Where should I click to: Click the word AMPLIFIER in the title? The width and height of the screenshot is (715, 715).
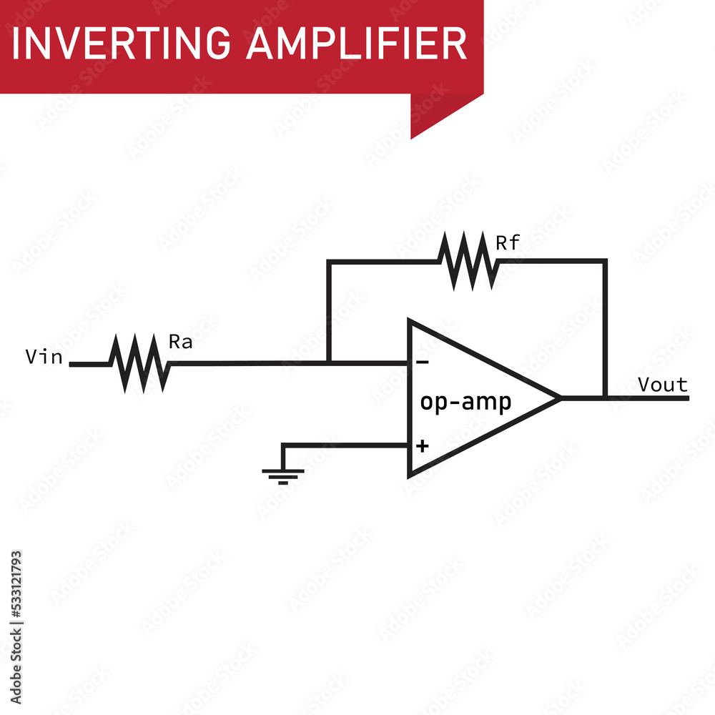pyautogui.click(x=356, y=44)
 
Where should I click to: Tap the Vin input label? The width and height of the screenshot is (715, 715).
pyautogui.click(x=44, y=357)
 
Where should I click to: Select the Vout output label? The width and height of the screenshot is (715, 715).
pyautogui.click(x=662, y=385)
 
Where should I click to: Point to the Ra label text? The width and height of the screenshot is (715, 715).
pyautogui.click(x=180, y=342)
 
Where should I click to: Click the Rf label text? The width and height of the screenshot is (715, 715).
pyautogui.click(x=508, y=243)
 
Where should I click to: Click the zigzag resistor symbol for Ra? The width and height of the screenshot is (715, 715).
pyautogui.click(x=139, y=363)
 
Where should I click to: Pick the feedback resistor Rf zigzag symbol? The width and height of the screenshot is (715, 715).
pyautogui.click(x=468, y=261)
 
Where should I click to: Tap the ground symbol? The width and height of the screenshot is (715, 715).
pyautogui.click(x=283, y=473)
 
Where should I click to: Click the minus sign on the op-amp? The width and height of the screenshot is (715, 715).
pyautogui.click(x=423, y=363)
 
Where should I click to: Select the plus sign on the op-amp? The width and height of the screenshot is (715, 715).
pyautogui.click(x=423, y=446)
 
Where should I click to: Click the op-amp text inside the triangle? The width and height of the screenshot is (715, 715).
pyautogui.click(x=465, y=403)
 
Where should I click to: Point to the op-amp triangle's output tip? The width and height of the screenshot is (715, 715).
pyautogui.click(x=559, y=398)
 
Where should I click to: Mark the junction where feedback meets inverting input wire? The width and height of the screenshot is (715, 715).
pyautogui.click(x=328, y=363)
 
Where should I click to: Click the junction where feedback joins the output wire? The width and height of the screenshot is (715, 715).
pyautogui.click(x=605, y=398)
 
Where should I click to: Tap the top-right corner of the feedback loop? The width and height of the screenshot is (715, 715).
pyautogui.click(x=605, y=261)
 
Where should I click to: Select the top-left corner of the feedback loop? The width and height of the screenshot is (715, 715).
pyautogui.click(x=328, y=261)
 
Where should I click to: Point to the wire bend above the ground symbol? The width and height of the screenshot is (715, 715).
pyautogui.click(x=283, y=445)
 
